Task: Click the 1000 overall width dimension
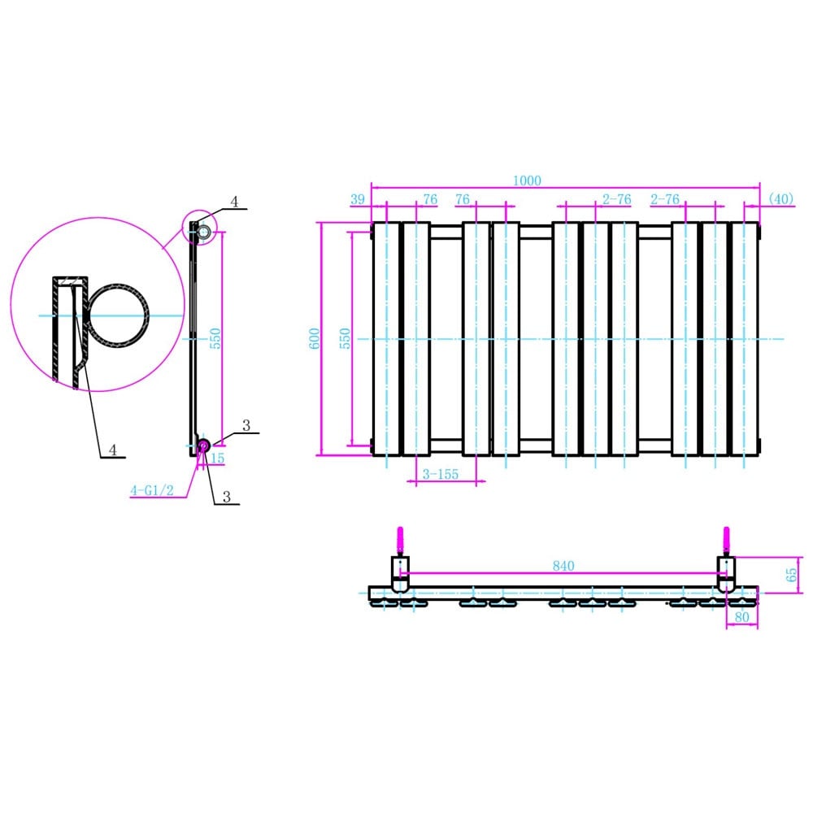[526, 181]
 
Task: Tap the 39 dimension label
[358, 200]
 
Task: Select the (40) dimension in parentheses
[780, 200]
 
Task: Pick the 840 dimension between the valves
[563, 566]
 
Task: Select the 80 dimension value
[741, 617]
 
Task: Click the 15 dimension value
[217, 459]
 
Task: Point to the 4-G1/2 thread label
[153, 490]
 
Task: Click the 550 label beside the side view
[216, 338]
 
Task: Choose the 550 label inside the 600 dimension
[345, 338]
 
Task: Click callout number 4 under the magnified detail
[114, 450]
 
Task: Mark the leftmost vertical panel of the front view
[386, 338]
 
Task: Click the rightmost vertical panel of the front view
[745, 338]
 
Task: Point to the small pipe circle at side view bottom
[203, 445]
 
